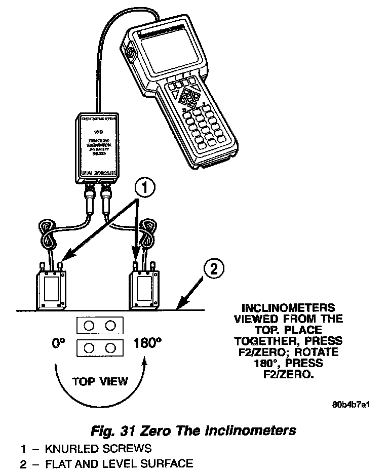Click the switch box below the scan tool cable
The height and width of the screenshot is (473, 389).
[x=98, y=148]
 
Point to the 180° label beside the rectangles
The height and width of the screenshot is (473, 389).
[x=147, y=344]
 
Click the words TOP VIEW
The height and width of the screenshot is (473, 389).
[x=100, y=380]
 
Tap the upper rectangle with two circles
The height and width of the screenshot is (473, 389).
[x=100, y=326]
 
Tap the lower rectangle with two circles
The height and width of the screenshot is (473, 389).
[x=100, y=348]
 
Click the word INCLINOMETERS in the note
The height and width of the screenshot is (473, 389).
[x=288, y=308]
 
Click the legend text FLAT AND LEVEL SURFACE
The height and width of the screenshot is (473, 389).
[x=119, y=463]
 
